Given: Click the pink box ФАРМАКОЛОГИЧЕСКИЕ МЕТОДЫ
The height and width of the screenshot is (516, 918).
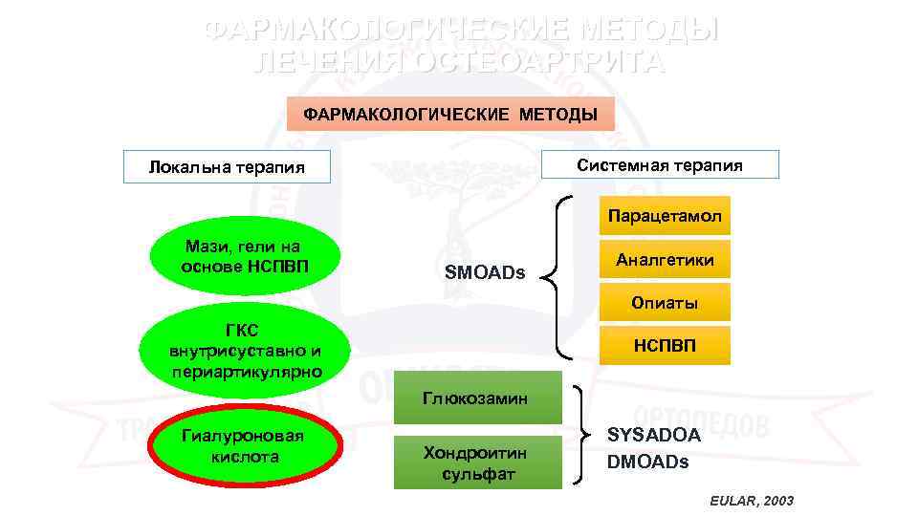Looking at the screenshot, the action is click(x=450, y=115).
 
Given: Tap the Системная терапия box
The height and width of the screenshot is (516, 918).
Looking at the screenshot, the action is click(x=660, y=164).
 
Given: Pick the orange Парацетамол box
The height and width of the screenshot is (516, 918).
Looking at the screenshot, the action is click(x=665, y=216).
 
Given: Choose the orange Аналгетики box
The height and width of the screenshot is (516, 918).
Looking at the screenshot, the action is click(x=665, y=260).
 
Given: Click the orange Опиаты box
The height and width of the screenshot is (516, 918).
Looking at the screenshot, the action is click(x=665, y=303).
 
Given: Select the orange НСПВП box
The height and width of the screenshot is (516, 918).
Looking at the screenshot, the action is click(x=665, y=345).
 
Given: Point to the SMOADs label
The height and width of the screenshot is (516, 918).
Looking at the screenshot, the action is click(x=486, y=272).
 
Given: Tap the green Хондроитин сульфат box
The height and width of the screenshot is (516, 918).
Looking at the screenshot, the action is click(x=477, y=462).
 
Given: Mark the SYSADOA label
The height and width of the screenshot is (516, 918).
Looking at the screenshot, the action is click(x=654, y=435).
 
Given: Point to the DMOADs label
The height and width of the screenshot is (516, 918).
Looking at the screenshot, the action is click(x=647, y=462).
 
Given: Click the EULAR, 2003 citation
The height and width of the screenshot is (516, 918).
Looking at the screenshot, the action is click(x=752, y=501).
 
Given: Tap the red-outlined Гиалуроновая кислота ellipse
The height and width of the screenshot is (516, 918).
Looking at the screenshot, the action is click(x=244, y=446).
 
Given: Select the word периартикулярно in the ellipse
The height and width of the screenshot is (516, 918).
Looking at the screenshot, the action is click(x=247, y=370).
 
